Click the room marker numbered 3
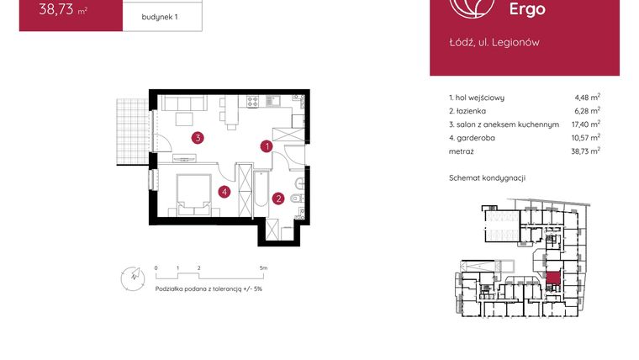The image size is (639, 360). click(x=196, y=138)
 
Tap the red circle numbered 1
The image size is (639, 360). click(x=267, y=146)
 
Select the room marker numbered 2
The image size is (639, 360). click(x=277, y=199)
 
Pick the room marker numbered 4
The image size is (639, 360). click(x=224, y=192)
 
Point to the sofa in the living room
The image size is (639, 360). click(x=184, y=104)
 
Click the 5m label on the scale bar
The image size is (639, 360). click(x=264, y=268)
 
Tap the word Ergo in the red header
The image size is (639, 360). click(x=527, y=9)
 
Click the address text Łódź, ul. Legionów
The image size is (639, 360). click(x=494, y=42)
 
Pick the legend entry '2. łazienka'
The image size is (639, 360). click(x=470, y=110)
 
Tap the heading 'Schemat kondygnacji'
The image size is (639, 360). click(x=488, y=178)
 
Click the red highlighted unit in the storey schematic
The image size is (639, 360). click(x=553, y=278)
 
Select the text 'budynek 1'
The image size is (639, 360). click(x=159, y=16)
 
